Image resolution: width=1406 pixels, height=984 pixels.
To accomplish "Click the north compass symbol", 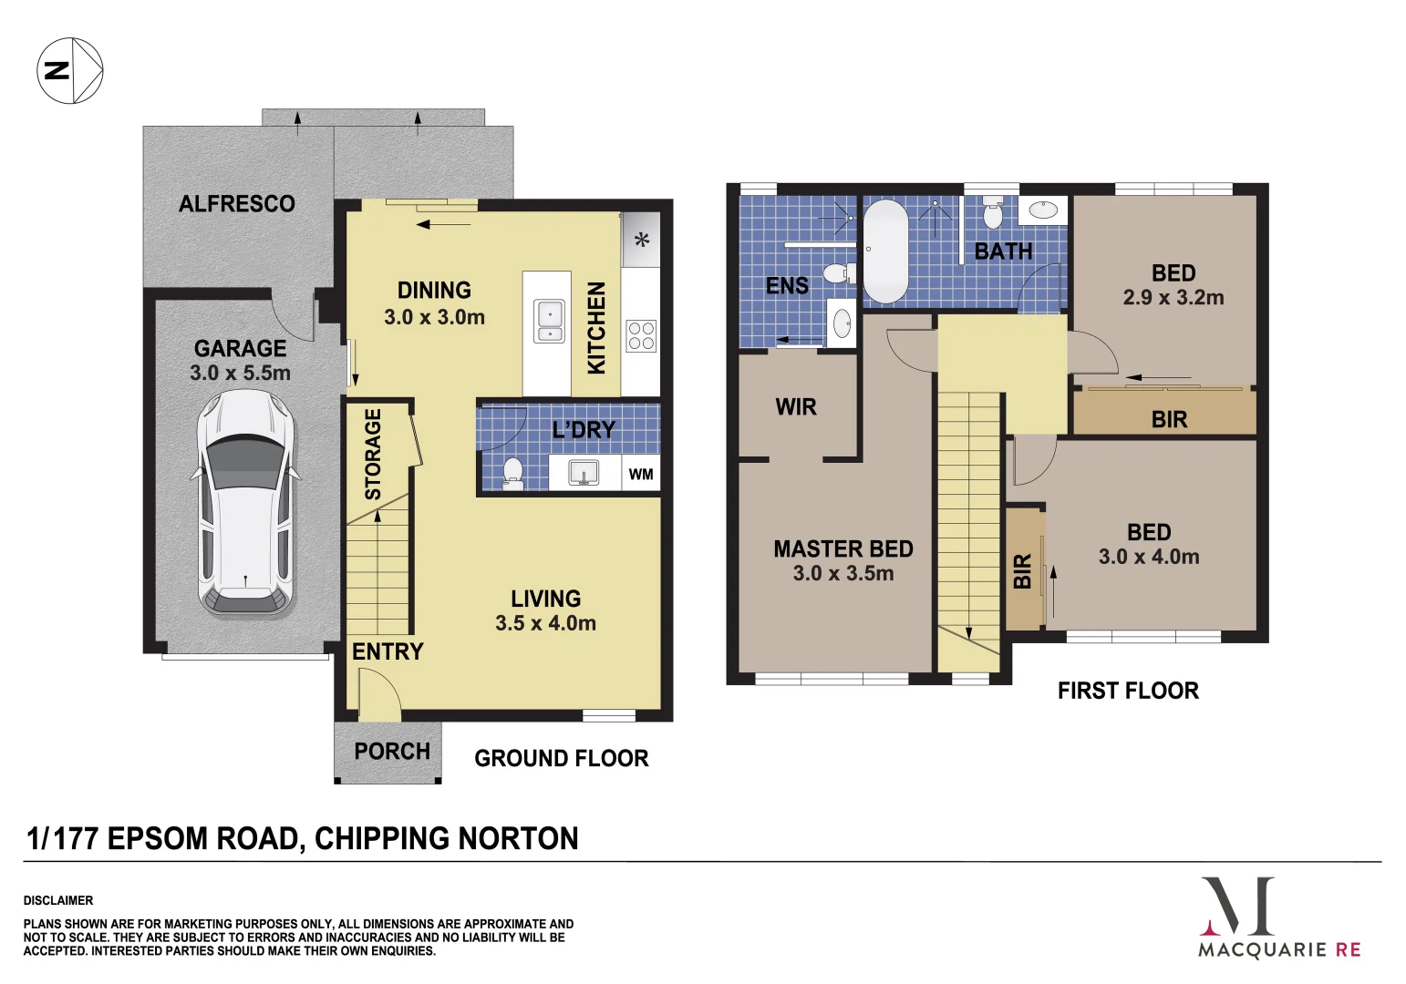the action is coord(69,70).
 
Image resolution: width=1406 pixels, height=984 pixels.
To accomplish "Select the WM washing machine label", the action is coord(641,475).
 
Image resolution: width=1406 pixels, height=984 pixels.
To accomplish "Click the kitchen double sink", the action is coord(549,321).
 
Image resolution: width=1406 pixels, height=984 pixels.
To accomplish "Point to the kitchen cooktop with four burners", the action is coord(641,335).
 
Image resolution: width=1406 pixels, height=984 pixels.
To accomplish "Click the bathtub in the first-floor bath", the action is coord(885,251).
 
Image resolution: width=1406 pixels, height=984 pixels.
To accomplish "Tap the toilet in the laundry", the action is coord(512,474).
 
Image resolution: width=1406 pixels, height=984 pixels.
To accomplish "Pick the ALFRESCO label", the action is coord(237,204).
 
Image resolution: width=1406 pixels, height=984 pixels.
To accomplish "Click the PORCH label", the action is coord(392,752).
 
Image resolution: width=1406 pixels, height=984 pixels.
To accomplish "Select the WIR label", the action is coord(796,407).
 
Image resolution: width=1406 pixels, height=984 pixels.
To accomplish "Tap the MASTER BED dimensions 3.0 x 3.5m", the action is coord(843,573).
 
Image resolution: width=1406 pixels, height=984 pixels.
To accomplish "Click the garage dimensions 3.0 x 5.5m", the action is coord(241,374).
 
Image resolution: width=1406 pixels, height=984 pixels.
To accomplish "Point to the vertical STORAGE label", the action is coord(373,454).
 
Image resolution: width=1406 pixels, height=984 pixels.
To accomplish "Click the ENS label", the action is coord(787,286).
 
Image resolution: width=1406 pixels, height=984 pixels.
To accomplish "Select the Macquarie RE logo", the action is coord(1280,917).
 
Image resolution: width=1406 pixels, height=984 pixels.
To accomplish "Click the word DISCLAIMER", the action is coord(58,900).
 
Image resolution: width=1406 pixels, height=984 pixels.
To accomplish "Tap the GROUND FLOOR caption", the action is coord(561,758).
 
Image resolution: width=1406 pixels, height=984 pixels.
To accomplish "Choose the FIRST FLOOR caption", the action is coord(1128,691).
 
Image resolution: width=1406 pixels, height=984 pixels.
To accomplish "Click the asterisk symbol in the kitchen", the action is coord(642,240).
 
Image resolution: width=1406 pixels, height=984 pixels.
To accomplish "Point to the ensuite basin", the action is coord(842,323).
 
